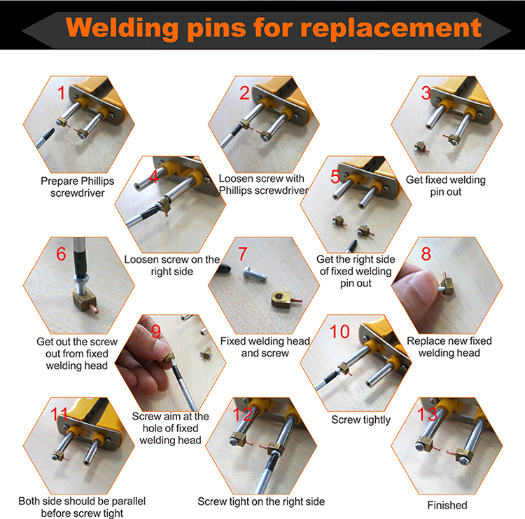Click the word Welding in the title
(x=122, y=28)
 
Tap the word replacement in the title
(x=391, y=28)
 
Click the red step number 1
(x=61, y=93)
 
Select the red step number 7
(x=243, y=254)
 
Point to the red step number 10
(x=339, y=332)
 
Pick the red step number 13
(x=427, y=414)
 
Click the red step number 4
(x=154, y=177)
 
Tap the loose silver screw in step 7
(x=255, y=274)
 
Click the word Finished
(x=447, y=505)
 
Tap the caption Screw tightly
(x=360, y=420)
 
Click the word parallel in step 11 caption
(x=129, y=501)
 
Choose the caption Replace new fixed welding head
(x=449, y=347)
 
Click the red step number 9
(x=155, y=331)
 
